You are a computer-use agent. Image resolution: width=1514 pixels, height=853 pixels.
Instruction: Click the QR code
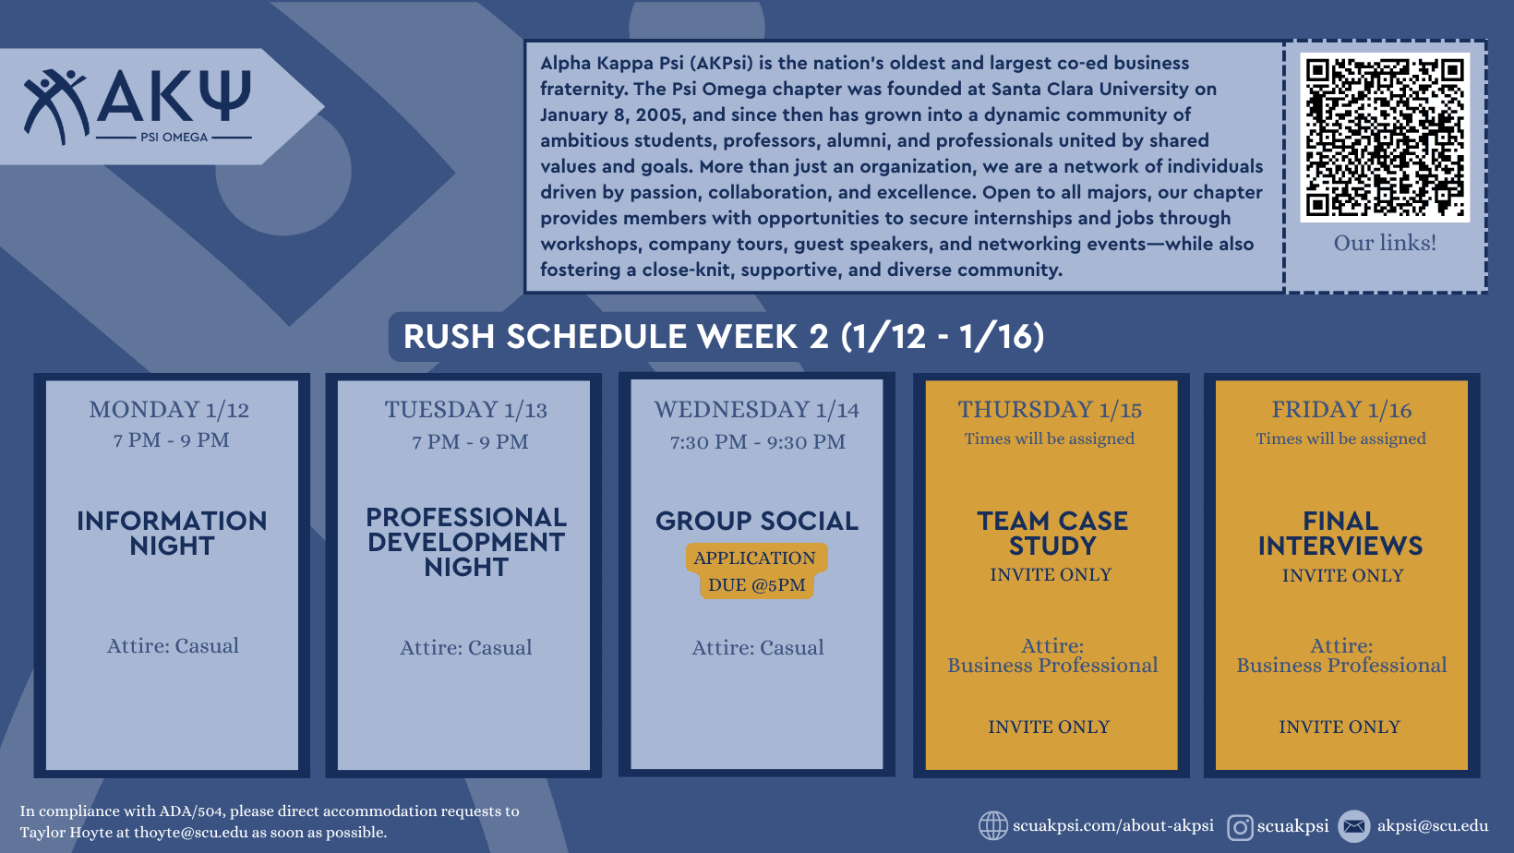[x=1385, y=137]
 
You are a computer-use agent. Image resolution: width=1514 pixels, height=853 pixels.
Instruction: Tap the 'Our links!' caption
[x=1385, y=243]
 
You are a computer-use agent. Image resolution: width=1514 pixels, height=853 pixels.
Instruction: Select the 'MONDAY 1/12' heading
[x=169, y=410]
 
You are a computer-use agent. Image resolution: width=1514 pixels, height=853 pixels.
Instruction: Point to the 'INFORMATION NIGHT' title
[x=172, y=533]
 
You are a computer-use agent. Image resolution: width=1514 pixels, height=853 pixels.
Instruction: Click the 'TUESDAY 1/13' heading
[x=465, y=410]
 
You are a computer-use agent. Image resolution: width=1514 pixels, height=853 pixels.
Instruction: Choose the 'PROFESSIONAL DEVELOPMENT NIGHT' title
[x=466, y=542]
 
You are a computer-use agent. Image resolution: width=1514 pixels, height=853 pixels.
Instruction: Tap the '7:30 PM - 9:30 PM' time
[x=757, y=442]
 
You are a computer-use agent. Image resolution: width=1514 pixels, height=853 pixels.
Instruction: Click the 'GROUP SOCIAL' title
[x=757, y=521]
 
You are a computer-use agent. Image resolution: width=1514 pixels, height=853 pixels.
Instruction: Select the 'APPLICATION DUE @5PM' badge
[x=756, y=571]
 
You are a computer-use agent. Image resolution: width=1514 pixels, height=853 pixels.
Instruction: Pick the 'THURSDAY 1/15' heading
[x=1050, y=410]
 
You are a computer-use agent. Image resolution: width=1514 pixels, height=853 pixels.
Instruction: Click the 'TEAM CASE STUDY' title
[x=1052, y=533]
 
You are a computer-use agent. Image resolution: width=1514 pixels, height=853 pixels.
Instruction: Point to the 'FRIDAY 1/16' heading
[x=1341, y=410]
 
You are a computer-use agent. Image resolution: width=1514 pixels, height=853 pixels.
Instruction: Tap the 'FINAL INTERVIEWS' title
[x=1340, y=533]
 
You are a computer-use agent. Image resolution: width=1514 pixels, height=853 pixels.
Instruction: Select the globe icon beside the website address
[x=993, y=825]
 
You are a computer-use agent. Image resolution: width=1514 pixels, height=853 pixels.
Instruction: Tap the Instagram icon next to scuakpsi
[x=1240, y=827]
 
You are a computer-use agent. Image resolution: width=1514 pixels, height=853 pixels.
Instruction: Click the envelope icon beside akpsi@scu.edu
[x=1354, y=826]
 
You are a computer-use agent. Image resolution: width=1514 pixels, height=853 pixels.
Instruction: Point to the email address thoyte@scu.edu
[x=191, y=833]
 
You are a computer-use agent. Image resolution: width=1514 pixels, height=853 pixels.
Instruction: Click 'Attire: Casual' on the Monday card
[x=173, y=646]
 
